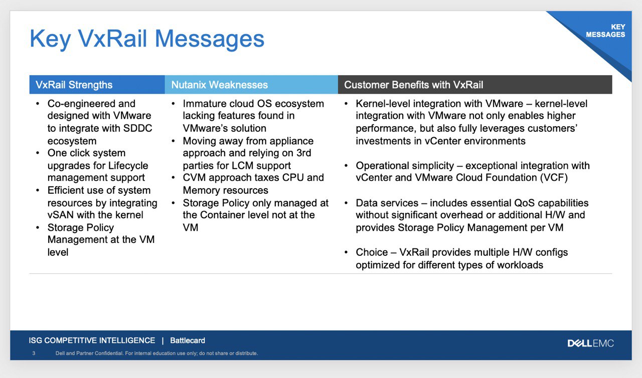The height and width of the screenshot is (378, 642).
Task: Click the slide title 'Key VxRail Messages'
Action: pyautogui.click(x=147, y=39)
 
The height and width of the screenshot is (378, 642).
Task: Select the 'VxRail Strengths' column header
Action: pyautogui.click(x=74, y=85)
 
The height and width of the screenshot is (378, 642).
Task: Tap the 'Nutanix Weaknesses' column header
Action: pyautogui.click(x=220, y=85)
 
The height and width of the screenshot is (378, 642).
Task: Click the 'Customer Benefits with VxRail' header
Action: pyautogui.click(x=414, y=85)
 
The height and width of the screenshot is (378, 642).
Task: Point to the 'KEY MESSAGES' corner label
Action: pyautogui.click(x=605, y=31)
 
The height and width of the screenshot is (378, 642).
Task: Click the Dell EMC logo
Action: pyautogui.click(x=590, y=343)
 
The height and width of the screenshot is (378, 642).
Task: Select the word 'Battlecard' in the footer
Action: pyautogui.click(x=188, y=340)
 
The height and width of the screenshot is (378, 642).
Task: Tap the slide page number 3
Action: pyautogui.click(x=34, y=353)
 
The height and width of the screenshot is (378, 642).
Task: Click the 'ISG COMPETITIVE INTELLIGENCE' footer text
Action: pyautogui.click(x=92, y=340)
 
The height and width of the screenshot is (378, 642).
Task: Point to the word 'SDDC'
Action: pyautogui.click(x=137, y=128)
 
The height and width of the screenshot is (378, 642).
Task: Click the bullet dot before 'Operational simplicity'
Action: pyautogui.click(x=346, y=165)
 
